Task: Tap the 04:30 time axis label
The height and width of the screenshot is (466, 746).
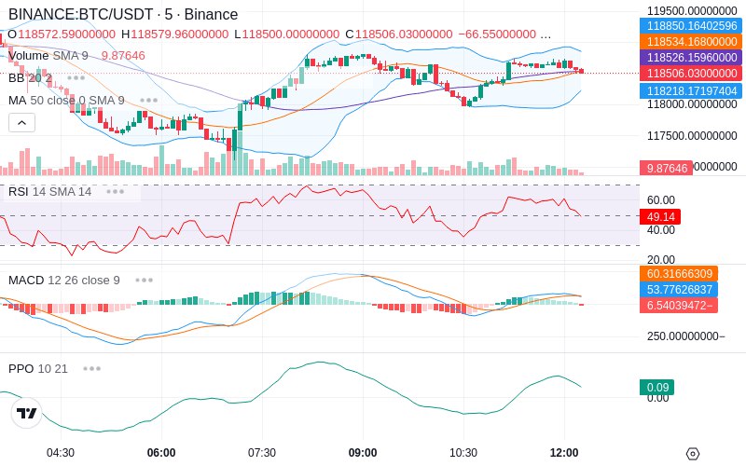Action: tap(61, 453)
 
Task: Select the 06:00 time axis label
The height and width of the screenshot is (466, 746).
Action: tap(161, 453)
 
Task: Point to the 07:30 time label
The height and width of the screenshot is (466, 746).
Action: tap(262, 453)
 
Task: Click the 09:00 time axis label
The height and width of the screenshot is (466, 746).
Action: tap(363, 453)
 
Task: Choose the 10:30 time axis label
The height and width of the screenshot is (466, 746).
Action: tap(463, 453)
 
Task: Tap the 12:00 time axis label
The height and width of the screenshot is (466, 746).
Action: tap(564, 453)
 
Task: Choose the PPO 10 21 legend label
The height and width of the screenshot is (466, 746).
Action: tap(38, 368)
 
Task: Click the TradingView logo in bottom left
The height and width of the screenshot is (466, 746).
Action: tap(27, 413)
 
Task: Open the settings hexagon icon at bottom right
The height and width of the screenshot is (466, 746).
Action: tap(692, 454)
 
